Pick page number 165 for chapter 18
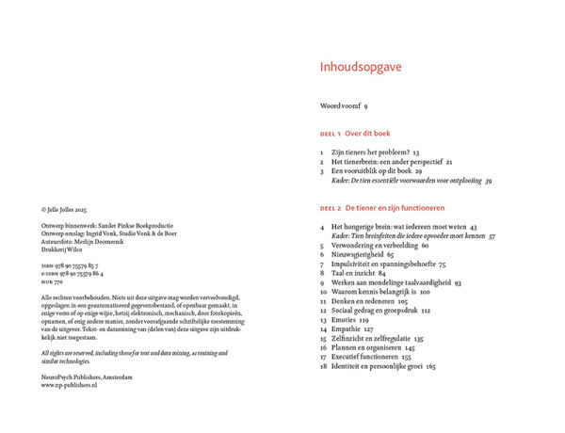click(x=430, y=366)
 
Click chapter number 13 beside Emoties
click(x=323, y=320)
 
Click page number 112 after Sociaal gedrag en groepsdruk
click(x=426, y=311)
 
